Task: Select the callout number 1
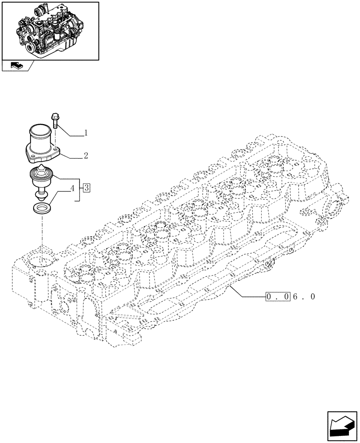tap(86, 132)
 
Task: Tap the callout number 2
tap(86, 155)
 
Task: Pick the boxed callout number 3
tap(86, 188)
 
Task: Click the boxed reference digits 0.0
tap(278, 297)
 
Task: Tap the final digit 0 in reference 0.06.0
tap(313, 297)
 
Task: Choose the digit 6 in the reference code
tap(296, 297)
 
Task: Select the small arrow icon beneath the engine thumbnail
tap(16, 66)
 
